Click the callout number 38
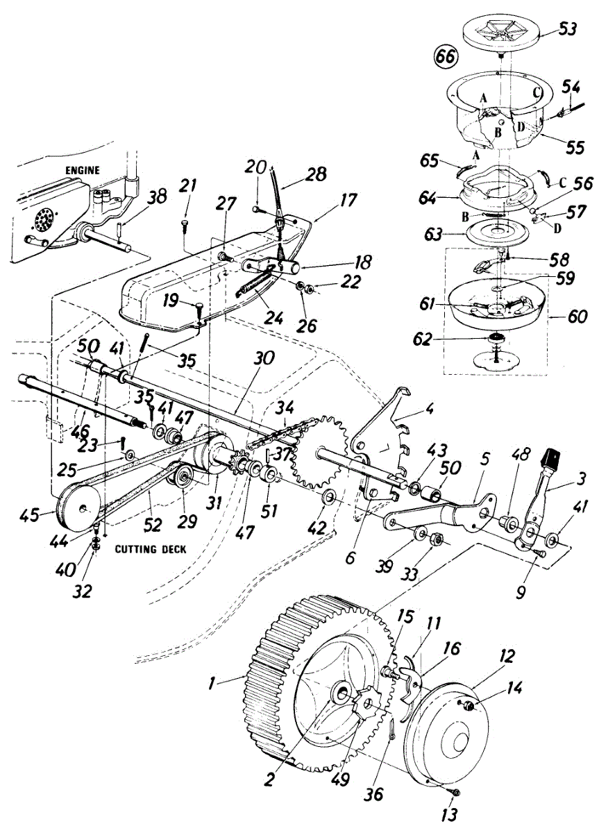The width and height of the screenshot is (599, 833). click(157, 197)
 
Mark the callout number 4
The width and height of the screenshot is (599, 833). click(430, 407)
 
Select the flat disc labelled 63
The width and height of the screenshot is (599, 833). click(495, 233)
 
